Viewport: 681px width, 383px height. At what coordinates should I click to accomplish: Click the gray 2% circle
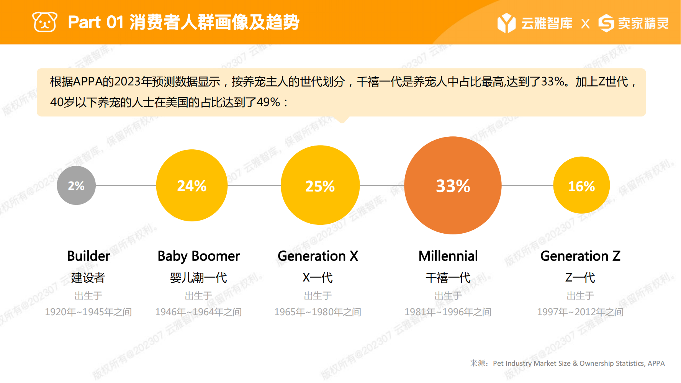pos(76,185)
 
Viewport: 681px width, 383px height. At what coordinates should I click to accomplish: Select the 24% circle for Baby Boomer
pos(192,185)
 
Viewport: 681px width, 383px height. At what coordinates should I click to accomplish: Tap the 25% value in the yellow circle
pos(320,186)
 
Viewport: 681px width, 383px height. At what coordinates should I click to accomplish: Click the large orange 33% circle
pos(453,185)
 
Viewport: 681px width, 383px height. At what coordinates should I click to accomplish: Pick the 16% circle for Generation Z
pos(581,185)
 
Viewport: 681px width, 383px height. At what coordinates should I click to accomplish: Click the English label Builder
pos(88,256)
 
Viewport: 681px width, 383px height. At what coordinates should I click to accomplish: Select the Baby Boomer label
pos(199,256)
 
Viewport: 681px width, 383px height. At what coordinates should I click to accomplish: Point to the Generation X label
pos(318,256)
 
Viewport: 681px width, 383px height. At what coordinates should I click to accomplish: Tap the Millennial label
pos(448,256)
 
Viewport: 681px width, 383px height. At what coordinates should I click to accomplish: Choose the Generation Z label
pos(580,256)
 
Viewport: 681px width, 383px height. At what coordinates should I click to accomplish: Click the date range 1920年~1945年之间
pos(88,312)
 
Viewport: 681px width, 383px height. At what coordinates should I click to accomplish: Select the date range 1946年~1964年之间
pos(198,312)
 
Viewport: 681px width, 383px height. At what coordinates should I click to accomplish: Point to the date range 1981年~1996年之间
pos(448,312)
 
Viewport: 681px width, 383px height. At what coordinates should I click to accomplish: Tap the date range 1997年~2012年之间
pos(580,312)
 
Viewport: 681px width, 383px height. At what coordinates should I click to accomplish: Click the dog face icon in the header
pos(45,22)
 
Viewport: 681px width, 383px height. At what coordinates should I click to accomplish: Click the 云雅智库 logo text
pos(547,23)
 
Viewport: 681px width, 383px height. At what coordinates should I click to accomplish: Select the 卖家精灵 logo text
pos(643,23)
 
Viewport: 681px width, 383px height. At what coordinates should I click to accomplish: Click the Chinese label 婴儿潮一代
pos(199,278)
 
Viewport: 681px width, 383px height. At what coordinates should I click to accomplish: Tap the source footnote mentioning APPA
pos(567,363)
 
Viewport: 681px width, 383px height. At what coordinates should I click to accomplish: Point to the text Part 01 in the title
pos(96,22)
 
